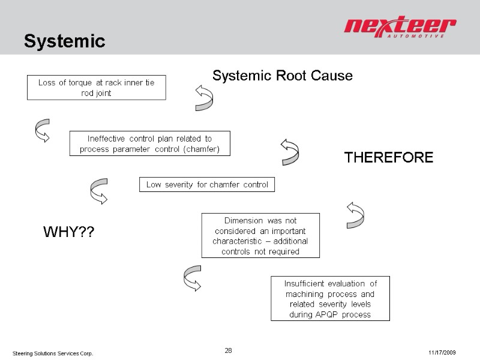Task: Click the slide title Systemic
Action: tap(64, 41)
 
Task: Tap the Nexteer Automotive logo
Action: tap(400, 28)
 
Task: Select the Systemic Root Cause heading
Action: tap(283, 76)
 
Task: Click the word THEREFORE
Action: tap(388, 157)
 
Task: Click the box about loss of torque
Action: tap(97, 88)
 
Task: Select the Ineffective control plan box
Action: tap(149, 144)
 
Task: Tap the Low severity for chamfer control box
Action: tap(207, 184)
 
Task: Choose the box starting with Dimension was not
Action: tap(260, 235)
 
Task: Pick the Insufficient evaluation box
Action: tap(330, 298)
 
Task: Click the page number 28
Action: tap(228, 350)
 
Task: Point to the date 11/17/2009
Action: tap(443, 352)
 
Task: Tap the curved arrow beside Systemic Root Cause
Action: tap(203, 97)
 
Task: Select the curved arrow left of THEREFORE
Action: tap(289, 151)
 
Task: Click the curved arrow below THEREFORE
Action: tap(355, 214)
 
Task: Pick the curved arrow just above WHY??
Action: tap(98, 191)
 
